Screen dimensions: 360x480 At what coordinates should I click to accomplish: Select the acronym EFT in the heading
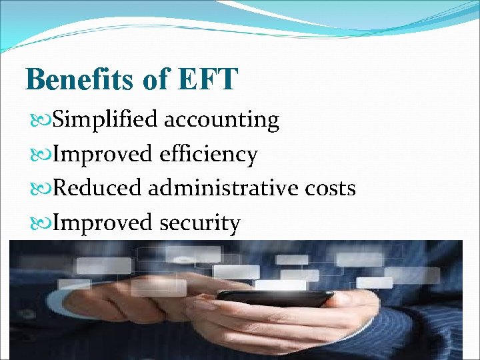pyautogui.click(x=207, y=79)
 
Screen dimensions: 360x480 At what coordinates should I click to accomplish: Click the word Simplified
pyautogui.click(x=105, y=120)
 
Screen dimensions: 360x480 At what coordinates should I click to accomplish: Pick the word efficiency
pyautogui.click(x=208, y=155)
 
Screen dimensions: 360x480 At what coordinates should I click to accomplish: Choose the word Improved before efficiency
pyautogui.click(x=103, y=155)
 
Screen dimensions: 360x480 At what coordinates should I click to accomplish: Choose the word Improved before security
pyautogui.click(x=103, y=223)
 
